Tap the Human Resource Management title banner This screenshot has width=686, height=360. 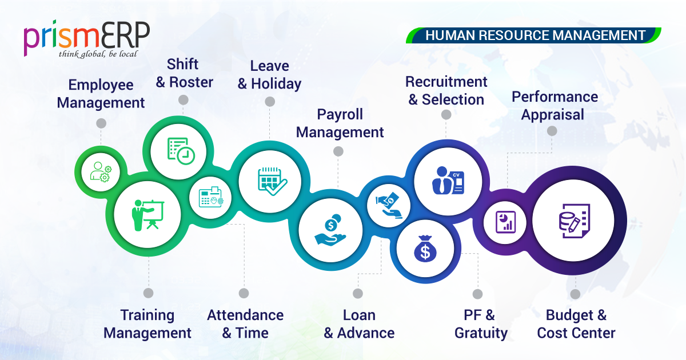click(x=535, y=35)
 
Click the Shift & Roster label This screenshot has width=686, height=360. click(x=184, y=73)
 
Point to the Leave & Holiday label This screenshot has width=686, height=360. click(x=269, y=75)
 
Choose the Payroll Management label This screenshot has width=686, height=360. click(x=340, y=123)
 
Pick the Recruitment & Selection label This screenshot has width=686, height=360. click(x=446, y=91)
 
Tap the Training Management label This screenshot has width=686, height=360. click(x=147, y=323)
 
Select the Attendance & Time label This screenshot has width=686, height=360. click(x=245, y=323)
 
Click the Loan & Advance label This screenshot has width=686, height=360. click(x=359, y=323)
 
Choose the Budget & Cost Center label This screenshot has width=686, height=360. click(x=576, y=323)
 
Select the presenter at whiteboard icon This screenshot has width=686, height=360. click(x=147, y=214)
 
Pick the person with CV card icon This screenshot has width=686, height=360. click(x=448, y=181)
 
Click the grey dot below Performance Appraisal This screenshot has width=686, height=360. click(x=552, y=131)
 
